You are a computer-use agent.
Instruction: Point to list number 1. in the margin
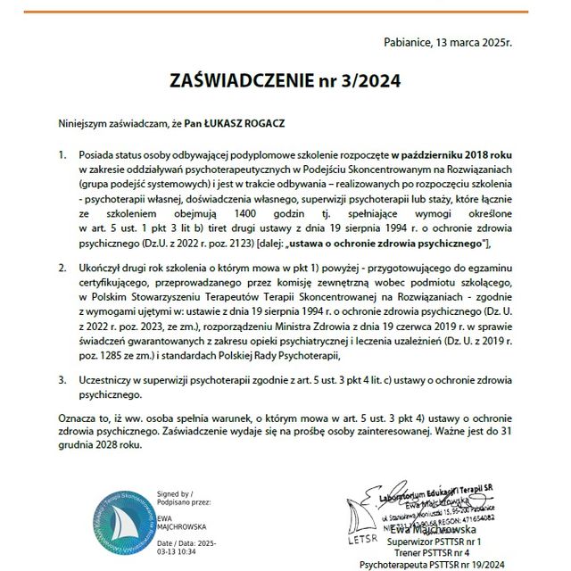(63, 154)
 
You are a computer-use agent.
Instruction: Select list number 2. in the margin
(63, 267)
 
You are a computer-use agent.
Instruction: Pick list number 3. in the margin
(63, 379)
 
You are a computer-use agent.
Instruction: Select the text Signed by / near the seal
(173, 493)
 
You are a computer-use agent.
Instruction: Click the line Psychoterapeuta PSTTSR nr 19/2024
(432, 565)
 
